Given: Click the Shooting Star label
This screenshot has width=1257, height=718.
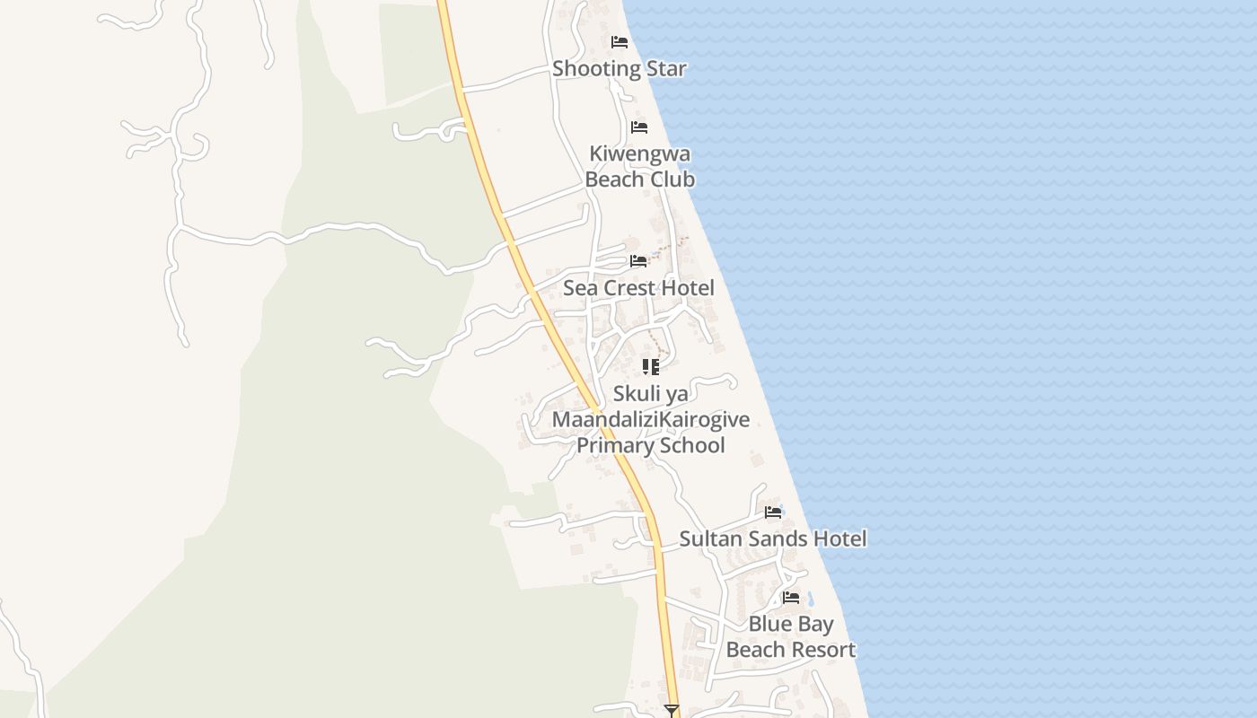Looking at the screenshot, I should [619, 68].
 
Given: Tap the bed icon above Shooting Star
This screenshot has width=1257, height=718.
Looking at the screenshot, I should [619, 42].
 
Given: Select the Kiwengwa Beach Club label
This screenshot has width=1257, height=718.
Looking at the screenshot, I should [639, 166].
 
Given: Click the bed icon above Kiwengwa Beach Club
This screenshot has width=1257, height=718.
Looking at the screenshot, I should [638, 127].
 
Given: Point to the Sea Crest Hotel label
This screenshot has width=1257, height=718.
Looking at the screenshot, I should [638, 288].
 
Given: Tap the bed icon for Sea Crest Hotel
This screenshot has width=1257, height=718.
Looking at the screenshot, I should [638, 261].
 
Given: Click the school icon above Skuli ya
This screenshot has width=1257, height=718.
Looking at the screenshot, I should [651, 366].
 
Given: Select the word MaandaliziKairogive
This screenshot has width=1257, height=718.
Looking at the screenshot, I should [651, 419].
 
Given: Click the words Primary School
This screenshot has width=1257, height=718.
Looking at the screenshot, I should [651, 445].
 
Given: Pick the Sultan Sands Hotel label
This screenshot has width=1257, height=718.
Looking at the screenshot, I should [772, 538].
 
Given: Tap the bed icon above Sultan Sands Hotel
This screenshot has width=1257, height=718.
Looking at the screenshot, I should [772, 512].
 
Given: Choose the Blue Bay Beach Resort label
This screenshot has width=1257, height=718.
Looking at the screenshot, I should [790, 636].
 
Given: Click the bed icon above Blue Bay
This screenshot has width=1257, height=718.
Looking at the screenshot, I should [790, 597].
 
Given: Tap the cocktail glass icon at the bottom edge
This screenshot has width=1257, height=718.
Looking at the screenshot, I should [671, 711].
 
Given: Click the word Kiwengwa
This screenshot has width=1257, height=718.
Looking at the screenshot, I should [639, 153].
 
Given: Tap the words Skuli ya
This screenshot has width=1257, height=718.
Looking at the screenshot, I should [651, 393].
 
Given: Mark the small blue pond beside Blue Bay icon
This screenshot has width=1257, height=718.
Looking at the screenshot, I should [810, 599].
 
